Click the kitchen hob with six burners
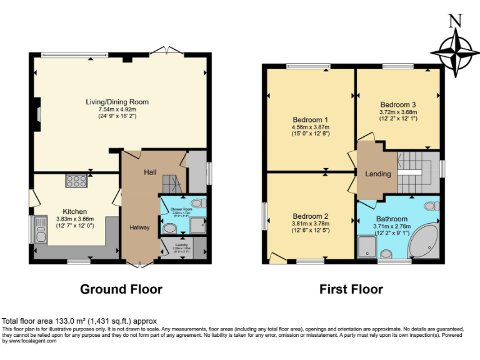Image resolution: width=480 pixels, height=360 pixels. [x=76, y=181]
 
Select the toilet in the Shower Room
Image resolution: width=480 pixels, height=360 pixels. [x=198, y=203]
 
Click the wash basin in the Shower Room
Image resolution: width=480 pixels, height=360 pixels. [x=169, y=228]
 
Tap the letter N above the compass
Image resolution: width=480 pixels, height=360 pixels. [x=456, y=21]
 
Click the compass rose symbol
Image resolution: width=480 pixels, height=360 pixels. [x=456, y=52]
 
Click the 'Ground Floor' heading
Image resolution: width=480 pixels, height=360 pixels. [x=121, y=289]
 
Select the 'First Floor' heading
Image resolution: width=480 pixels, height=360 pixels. [x=351, y=289]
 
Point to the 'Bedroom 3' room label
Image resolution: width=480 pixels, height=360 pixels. [x=398, y=105]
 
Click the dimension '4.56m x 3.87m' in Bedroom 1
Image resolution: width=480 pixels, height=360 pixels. [x=311, y=127]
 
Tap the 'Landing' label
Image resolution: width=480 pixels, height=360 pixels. [x=379, y=174]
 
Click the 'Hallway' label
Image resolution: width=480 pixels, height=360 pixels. [x=139, y=227]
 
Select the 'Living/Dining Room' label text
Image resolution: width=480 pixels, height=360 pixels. [x=117, y=102]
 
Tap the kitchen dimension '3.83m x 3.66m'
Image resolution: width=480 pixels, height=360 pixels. [x=75, y=219]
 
